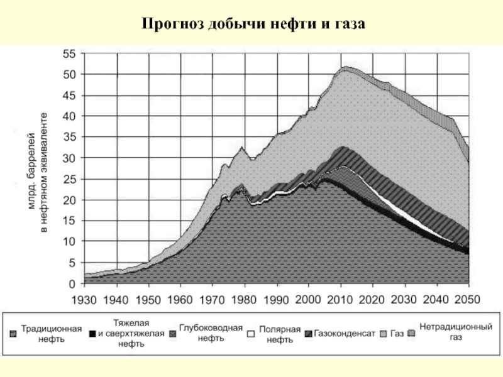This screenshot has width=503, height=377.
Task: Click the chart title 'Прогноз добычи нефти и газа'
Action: click(x=253, y=25)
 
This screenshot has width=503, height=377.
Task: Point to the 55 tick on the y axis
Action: click(x=69, y=54)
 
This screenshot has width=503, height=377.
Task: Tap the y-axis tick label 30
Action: click(x=69, y=158)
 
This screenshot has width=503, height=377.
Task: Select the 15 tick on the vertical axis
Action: click(x=69, y=221)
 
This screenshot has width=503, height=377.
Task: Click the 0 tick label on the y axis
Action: click(x=72, y=283)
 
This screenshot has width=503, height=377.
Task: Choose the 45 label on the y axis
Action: click(x=69, y=96)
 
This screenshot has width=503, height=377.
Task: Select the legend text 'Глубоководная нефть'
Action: click(x=211, y=333)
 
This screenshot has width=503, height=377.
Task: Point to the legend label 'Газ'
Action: click(x=397, y=333)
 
